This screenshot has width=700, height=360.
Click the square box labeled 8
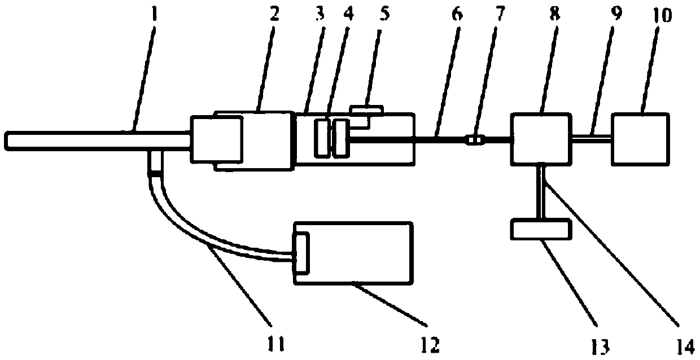(x=540, y=138)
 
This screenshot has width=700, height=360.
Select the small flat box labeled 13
(x=539, y=229)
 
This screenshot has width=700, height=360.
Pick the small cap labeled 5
(x=366, y=109)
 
